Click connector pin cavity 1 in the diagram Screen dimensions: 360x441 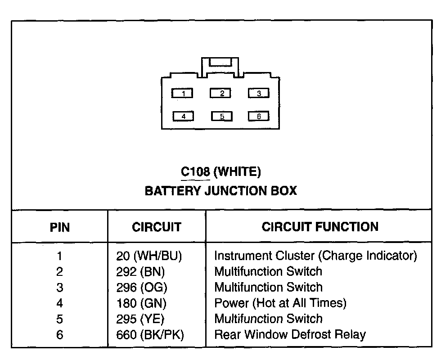coord(183,94)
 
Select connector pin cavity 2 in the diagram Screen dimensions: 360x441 coord(221,93)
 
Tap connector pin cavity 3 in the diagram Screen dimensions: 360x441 coord(259,93)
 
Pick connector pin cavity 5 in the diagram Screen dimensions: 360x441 coord(221,117)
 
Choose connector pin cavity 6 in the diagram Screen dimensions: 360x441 coord(259,116)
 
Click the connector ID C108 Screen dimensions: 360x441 coord(195,171)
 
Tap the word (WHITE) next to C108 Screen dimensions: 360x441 coord(237,171)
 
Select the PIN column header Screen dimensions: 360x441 coord(59,227)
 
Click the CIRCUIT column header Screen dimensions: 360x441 coord(157,227)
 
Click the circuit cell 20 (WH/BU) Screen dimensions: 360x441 coord(149,256)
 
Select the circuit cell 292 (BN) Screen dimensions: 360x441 coord(141,272)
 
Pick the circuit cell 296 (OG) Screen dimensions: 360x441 coord(141,288)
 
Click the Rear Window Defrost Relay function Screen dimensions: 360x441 coord(290,335)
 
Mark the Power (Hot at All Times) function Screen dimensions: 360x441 coord(280,303)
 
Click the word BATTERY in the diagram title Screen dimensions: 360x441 coord(172,191)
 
